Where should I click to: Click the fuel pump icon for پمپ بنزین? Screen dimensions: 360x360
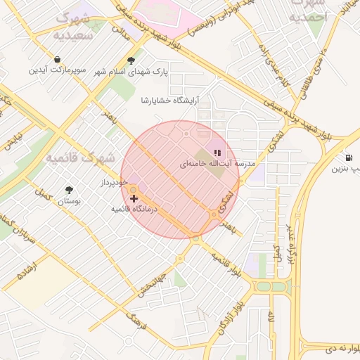[x=349, y=157]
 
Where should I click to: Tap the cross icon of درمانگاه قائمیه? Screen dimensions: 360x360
[x=134, y=199]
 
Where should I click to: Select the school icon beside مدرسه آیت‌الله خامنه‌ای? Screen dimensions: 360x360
[x=217, y=152]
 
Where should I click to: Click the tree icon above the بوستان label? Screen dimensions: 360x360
[x=69, y=190]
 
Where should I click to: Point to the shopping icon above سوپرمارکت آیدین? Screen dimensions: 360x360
[x=56, y=59]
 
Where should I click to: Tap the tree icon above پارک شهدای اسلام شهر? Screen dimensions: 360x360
[x=130, y=60]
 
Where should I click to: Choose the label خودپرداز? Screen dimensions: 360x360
[x=112, y=183]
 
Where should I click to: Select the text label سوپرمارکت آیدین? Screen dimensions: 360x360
[x=57, y=70]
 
